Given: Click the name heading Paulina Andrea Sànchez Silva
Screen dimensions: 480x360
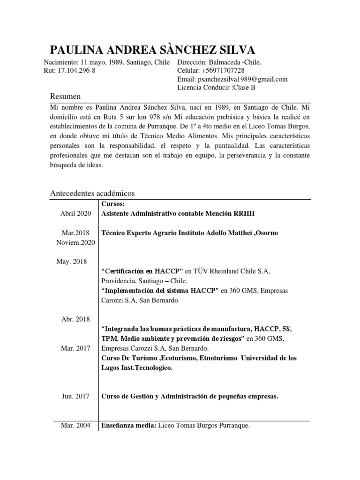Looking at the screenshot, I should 152,50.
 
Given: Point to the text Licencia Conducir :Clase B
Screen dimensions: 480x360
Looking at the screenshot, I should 217,88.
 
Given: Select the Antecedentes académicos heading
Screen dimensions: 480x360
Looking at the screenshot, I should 92,193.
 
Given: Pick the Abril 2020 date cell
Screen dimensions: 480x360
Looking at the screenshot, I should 75,214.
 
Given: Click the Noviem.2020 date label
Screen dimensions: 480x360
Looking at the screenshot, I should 75,242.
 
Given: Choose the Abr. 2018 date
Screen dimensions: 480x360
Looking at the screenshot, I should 75,319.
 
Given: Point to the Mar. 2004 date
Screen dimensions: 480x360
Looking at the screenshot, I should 75,426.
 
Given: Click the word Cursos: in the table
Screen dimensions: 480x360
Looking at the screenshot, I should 112,204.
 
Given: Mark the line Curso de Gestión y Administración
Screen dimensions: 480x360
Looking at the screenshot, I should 190,397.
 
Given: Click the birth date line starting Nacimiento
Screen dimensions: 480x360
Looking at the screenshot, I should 107,62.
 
